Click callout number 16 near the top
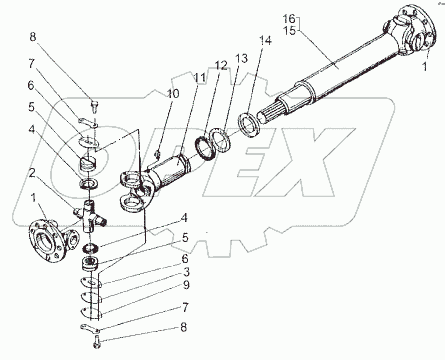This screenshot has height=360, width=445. (289, 19)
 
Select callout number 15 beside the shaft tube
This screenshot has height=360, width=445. (289, 31)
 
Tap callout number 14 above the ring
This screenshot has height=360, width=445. (266, 40)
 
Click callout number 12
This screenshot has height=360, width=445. (221, 65)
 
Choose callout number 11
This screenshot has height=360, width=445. (200, 77)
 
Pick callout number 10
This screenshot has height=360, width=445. (173, 94)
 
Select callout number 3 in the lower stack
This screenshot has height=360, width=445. (186, 272)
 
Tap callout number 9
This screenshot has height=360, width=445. (186, 285)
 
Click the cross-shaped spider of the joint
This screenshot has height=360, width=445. (90, 218)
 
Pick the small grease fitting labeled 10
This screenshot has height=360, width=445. (158, 153)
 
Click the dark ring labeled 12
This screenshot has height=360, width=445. (206, 147)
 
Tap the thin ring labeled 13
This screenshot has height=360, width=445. (220, 141)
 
